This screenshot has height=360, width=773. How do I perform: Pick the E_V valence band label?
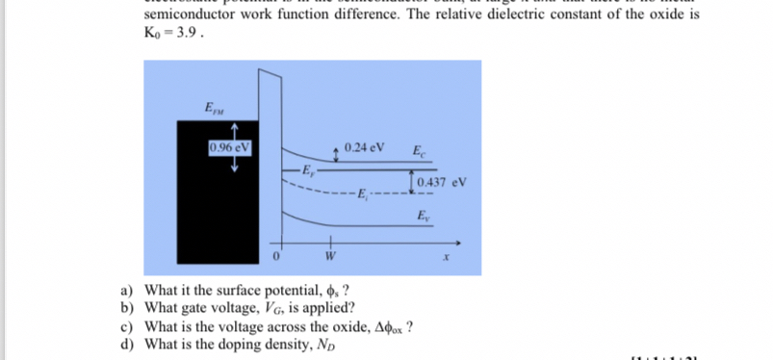pos(423,215)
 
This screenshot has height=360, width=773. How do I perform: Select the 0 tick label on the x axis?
pos(276,257)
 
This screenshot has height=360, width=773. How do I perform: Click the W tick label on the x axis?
pos(329,257)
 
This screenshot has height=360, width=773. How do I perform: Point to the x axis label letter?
pos(446,257)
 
